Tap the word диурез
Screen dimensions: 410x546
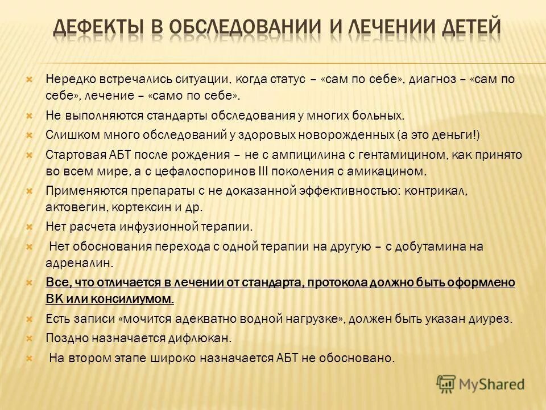(x=493, y=318)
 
